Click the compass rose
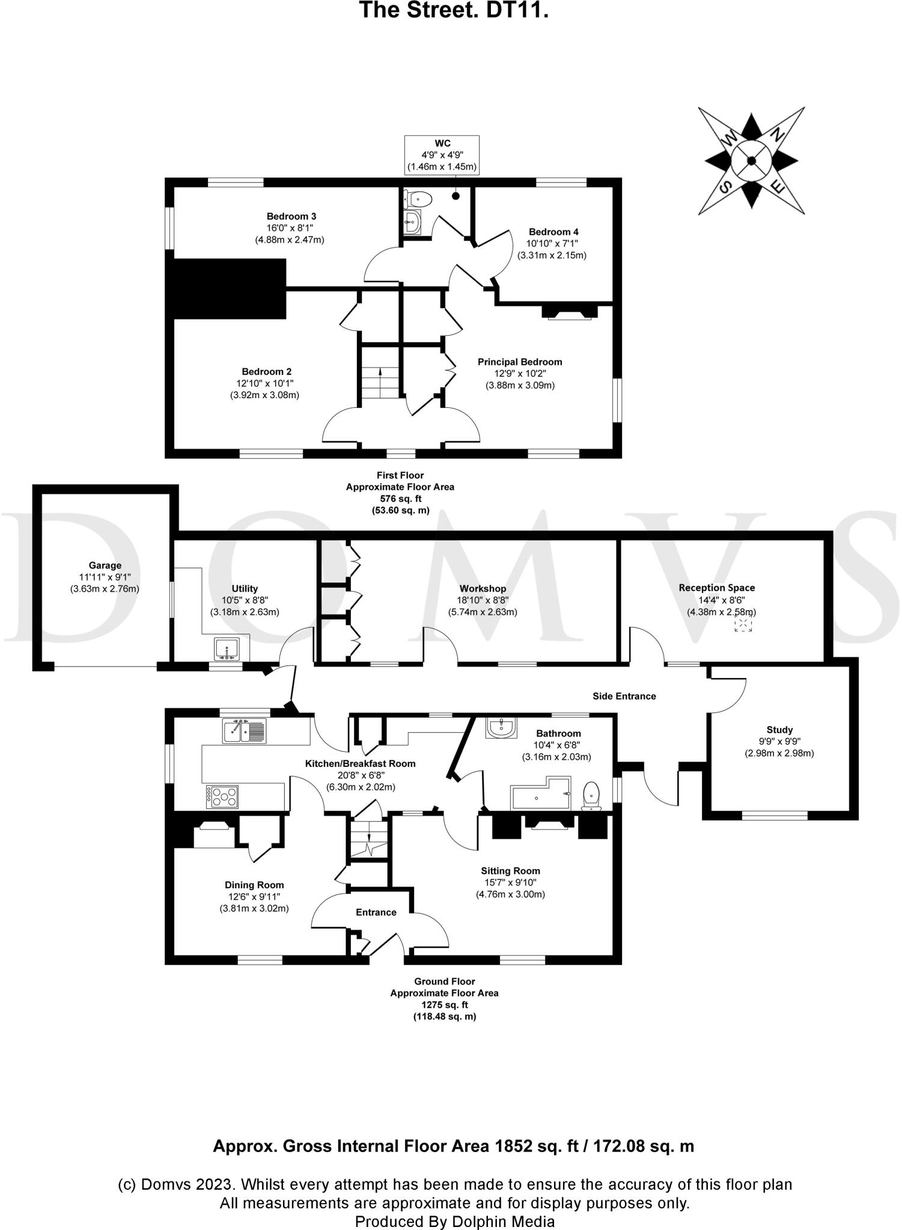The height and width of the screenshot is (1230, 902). click(751, 160)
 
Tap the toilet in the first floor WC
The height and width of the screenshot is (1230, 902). click(419, 198)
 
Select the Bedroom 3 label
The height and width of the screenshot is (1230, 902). click(291, 216)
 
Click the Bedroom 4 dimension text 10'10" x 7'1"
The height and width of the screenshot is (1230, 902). click(553, 244)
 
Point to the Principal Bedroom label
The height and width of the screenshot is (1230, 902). click(520, 362)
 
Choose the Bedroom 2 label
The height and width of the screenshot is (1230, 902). click(266, 372)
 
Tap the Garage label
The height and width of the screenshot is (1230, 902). click(105, 565)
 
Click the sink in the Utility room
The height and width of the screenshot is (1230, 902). click(227, 649)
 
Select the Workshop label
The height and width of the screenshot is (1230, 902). click(483, 589)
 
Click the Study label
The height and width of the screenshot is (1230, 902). click(779, 730)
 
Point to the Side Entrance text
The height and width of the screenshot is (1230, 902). click(624, 696)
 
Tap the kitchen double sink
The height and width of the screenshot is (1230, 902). click(244, 731)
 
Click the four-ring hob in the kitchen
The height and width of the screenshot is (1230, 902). click(222, 796)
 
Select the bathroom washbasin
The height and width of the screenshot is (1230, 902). click(501, 728)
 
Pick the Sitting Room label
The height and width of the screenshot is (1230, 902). click(510, 871)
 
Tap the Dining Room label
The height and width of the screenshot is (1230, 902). click(254, 885)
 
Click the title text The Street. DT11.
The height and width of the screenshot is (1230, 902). click(454, 10)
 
